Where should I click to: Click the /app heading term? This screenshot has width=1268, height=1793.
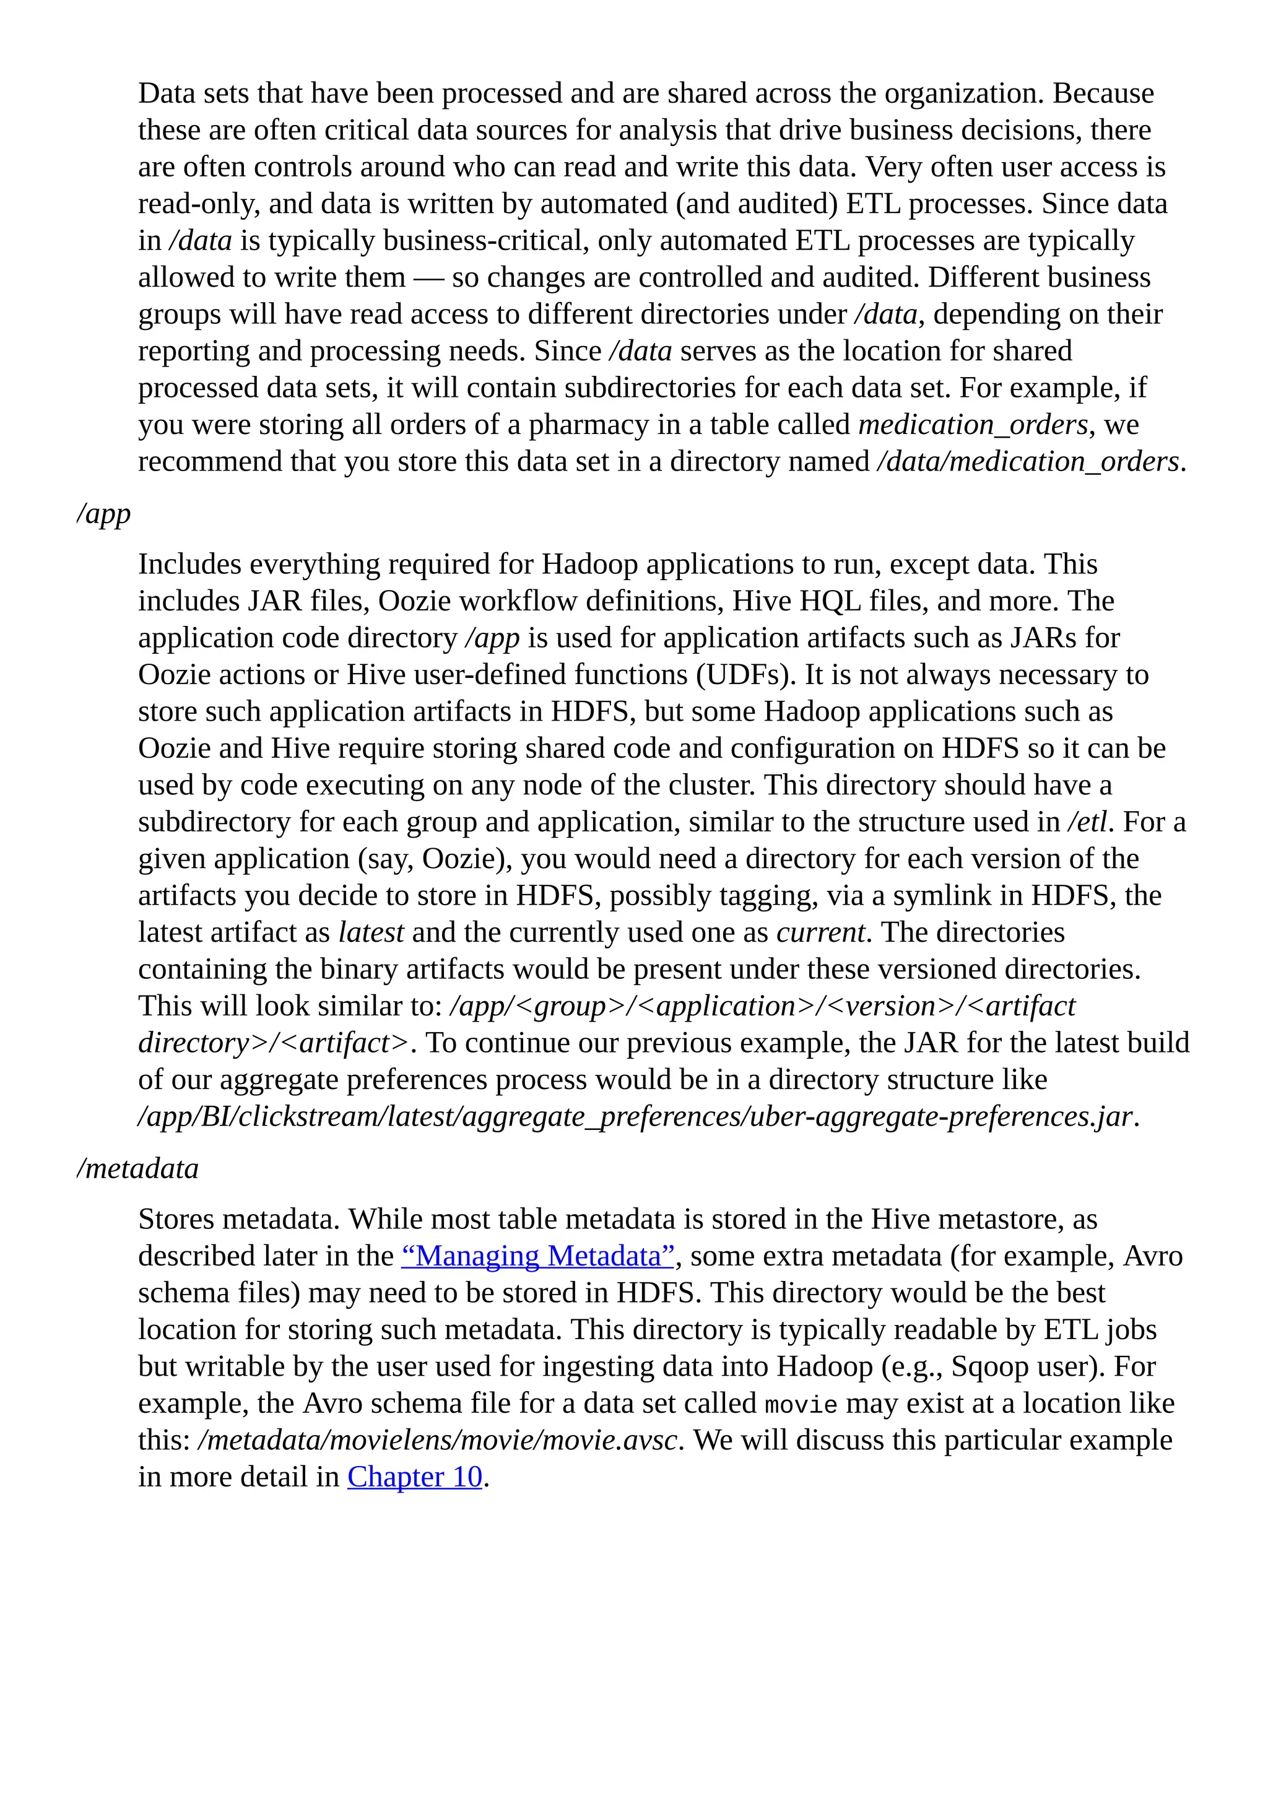[x=104, y=514]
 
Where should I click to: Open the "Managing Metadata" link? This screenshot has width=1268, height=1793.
[x=538, y=1256]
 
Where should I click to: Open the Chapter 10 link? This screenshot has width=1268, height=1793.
[x=415, y=1477]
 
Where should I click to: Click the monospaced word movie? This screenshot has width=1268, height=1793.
[x=801, y=1404]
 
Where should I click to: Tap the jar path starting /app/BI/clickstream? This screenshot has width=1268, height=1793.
[x=634, y=1117]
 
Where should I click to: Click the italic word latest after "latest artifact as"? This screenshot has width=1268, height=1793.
[x=371, y=932]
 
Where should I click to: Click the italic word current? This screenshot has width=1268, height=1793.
[x=820, y=932]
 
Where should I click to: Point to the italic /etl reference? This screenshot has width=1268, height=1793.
[x=1087, y=822]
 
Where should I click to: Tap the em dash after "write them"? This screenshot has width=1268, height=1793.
[x=428, y=278]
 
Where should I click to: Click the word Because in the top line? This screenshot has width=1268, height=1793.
[x=1103, y=93]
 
